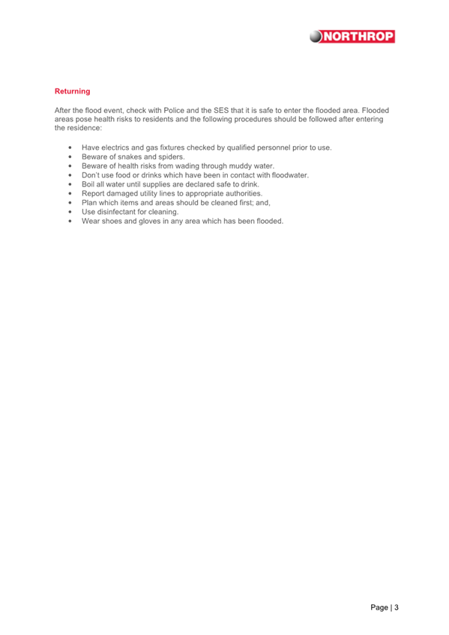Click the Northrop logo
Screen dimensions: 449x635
(x=353, y=36)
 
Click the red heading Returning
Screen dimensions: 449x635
(x=72, y=91)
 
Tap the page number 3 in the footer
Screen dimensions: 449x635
(x=397, y=607)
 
